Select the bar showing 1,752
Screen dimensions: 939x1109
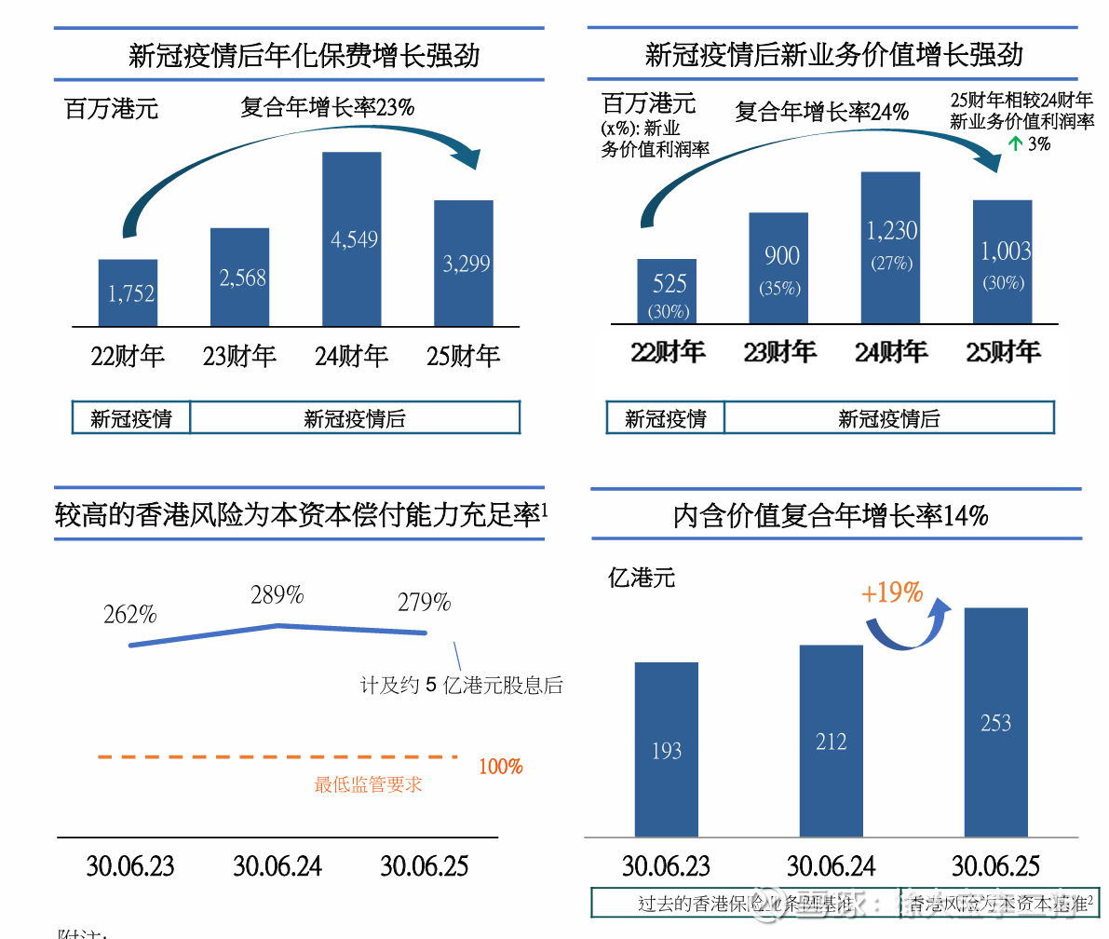[128, 293]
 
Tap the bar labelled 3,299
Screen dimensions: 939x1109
[464, 263]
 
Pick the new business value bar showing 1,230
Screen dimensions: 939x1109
[890, 248]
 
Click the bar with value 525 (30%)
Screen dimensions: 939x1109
[668, 292]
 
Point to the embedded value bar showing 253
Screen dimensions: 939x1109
[995, 723]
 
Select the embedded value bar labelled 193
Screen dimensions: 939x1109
[667, 750]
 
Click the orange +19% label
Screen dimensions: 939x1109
[892, 592]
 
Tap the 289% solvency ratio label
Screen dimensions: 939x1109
[277, 595]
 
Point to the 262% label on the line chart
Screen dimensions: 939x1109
[130, 615]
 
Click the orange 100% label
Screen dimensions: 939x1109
[501, 767]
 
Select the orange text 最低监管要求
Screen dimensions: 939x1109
[369, 784]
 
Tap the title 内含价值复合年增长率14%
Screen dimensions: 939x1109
[831, 515]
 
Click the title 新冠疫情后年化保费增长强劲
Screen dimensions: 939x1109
[304, 55]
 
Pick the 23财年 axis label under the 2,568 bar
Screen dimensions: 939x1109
[240, 356]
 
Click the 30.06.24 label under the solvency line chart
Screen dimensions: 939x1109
[277, 866]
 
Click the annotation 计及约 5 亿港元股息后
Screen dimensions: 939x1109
[462, 686]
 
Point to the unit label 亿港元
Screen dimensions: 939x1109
[642, 578]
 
